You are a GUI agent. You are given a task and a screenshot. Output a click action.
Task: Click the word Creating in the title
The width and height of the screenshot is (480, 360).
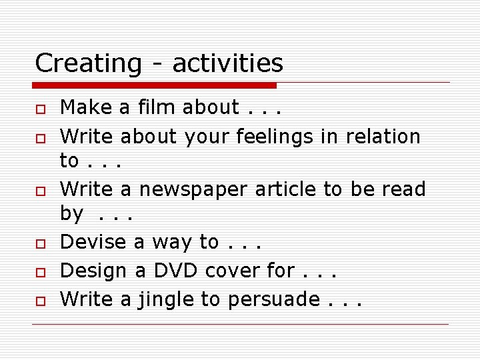click(88, 63)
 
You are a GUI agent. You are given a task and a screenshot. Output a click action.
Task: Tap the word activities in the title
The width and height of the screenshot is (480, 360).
click(227, 63)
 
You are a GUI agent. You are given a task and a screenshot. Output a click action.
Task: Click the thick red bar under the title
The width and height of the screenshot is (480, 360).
click(155, 85)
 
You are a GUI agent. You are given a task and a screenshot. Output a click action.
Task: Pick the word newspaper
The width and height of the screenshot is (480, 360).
click(194, 189)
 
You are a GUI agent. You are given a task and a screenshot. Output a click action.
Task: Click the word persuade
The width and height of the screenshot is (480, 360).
click(274, 299)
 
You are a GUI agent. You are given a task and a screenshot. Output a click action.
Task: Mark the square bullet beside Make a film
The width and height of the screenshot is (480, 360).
click(40, 108)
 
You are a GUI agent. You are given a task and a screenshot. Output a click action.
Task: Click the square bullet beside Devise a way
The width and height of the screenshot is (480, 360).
click(40, 243)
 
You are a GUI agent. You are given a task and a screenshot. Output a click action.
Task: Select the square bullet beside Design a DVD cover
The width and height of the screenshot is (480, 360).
click(40, 272)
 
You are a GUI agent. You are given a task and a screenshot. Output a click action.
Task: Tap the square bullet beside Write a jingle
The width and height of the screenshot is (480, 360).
click(40, 301)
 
